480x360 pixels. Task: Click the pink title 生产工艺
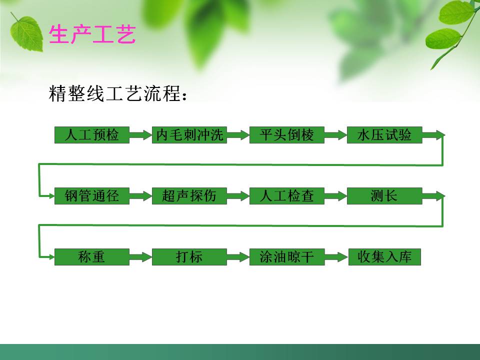coord(92,35)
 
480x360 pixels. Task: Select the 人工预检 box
coord(92,135)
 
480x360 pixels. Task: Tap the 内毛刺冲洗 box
coord(189,135)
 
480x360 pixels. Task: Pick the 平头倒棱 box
coord(287,135)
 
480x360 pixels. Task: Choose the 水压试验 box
coord(384,135)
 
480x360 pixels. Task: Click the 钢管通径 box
coord(92,196)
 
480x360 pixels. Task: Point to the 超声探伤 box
coord(189,196)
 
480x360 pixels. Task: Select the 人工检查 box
coord(287,196)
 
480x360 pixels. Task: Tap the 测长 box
coord(384,196)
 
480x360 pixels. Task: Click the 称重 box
coord(92,257)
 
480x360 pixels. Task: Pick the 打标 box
coord(189,257)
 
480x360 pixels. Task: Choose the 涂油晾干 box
coord(287,257)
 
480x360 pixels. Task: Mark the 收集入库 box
coord(384,257)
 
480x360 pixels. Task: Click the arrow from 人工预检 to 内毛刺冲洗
coord(140,135)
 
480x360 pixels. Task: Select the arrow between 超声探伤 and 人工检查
coord(238,196)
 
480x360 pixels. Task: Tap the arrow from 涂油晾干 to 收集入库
coord(336,257)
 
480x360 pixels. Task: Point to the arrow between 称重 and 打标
coord(140,257)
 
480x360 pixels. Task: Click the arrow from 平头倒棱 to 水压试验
coord(335,135)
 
